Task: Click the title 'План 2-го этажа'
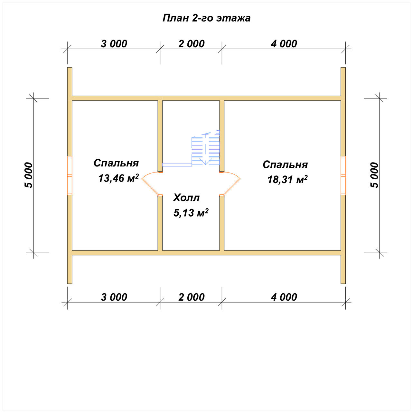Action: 206,18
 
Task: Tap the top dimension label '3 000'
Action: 114,44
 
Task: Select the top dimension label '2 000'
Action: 191,44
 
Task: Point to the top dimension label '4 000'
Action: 284,44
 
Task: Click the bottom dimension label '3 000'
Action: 114,297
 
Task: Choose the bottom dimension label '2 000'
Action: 191,297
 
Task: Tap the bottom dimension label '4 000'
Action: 284,297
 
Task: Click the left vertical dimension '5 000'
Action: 28,175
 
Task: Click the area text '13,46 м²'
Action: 118,178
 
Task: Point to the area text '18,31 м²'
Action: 287,179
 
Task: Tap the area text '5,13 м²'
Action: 191,213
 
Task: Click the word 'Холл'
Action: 186,198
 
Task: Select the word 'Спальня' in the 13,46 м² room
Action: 116,163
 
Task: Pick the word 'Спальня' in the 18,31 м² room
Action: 285,164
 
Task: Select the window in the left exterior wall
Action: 70,175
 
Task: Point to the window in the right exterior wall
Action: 343,175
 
